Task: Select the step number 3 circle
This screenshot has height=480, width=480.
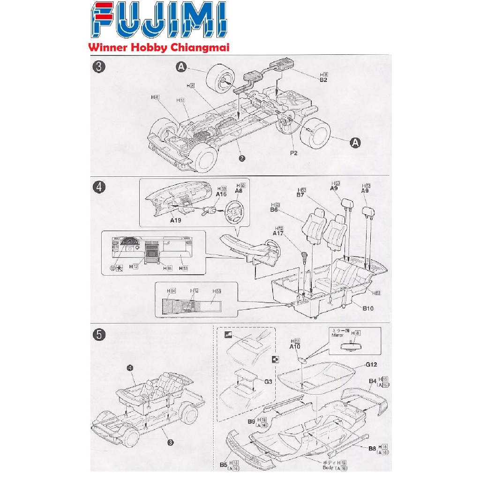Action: (x=98, y=67)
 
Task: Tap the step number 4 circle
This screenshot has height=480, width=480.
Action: (x=98, y=187)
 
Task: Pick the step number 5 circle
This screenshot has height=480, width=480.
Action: (x=98, y=334)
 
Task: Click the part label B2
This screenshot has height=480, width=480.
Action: (x=323, y=80)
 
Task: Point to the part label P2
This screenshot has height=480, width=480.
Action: (x=293, y=153)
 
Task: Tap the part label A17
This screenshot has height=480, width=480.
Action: (x=279, y=233)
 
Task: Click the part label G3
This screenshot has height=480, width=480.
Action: (x=269, y=382)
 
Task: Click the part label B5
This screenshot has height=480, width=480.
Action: (x=224, y=465)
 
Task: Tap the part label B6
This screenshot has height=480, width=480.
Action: (x=274, y=210)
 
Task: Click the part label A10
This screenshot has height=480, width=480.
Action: (x=294, y=346)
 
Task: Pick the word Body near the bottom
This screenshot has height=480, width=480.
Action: (x=329, y=468)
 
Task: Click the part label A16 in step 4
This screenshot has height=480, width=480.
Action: (x=221, y=194)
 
